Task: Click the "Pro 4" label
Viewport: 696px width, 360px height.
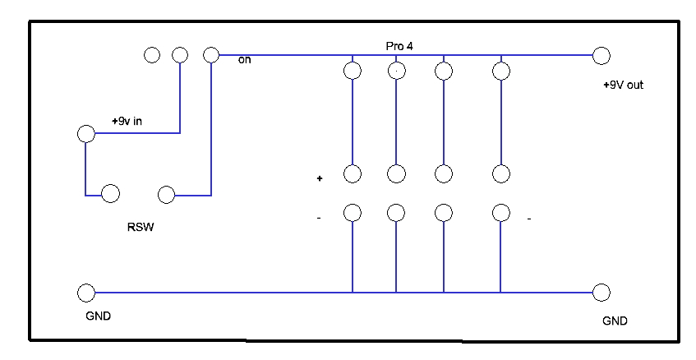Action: pyautogui.click(x=399, y=46)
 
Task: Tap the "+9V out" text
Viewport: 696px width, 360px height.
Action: pyautogui.click(x=623, y=85)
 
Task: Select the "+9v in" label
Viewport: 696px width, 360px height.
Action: pyautogui.click(x=127, y=121)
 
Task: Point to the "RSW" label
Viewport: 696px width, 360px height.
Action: pyautogui.click(x=141, y=227)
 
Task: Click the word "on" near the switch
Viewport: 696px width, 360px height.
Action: pyautogui.click(x=245, y=60)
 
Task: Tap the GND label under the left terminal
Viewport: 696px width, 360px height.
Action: pyautogui.click(x=98, y=316)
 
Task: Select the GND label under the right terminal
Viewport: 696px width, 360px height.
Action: pyautogui.click(x=615, y=321)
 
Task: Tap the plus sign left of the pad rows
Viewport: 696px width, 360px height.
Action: pyautogui.click(x=320, y=178)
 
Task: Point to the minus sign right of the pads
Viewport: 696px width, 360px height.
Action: pyautogui.click(x=529, y=219)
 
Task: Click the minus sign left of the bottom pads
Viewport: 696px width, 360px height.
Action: pyautogui.click(x=319, y=218)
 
